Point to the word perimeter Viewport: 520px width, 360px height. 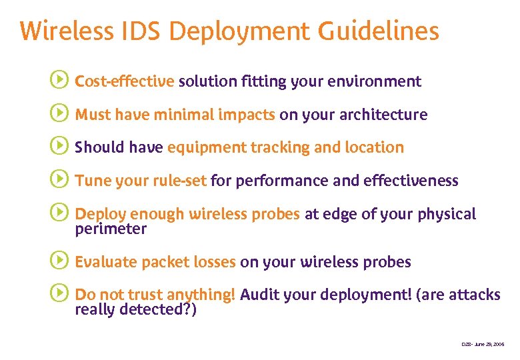(111, 229)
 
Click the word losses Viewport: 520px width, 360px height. (212, 262)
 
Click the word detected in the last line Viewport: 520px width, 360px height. (155, 310)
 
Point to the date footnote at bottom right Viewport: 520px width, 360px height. (483, 344)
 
